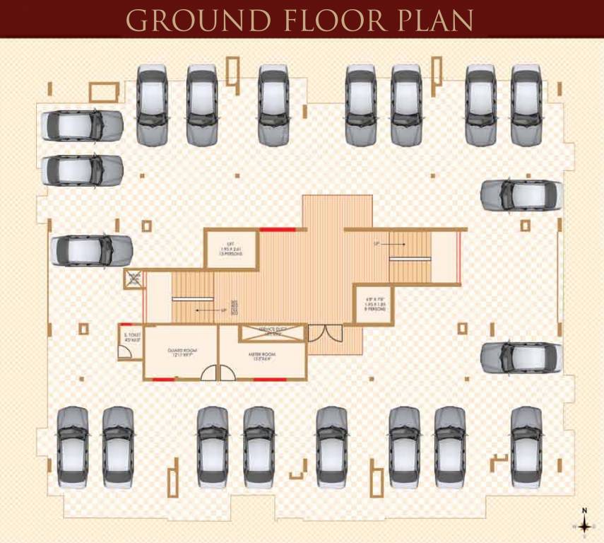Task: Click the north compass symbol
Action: click(584, 525)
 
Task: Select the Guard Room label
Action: click(181, 351)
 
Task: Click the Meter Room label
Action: click(261, 354)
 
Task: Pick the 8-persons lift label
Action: click(374, 305)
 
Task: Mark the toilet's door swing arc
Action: click(124, 352)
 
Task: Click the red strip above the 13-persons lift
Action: click(278, 230)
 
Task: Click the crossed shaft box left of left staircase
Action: click(134, 279)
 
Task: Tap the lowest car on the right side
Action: click(521, 356)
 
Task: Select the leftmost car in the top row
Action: click(152, 105)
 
